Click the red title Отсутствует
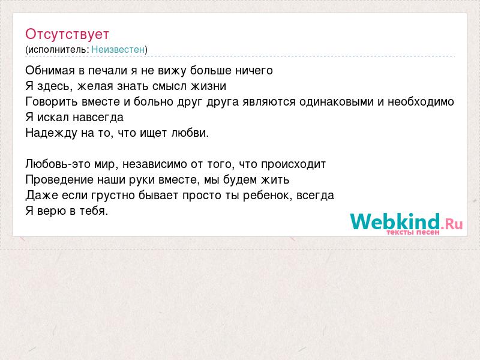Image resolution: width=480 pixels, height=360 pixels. pyautogui.click(x=67, y=34)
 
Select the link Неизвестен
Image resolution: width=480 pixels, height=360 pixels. pyautogui.click(x=118, y=49)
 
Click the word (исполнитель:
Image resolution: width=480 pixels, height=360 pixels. pyautogui.click(x=57, y=50)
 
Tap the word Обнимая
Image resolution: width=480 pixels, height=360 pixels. pyautogui.click(x=50, y=71)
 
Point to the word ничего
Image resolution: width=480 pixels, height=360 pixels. pyautogui.click(x=254, y=71)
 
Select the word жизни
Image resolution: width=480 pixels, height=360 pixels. pyautogui.click(x=208, y=86)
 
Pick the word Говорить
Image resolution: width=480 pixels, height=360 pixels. pyautogui.click(x=52, y=101)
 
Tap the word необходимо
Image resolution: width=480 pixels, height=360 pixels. pyautogui.click(x=421, y=101)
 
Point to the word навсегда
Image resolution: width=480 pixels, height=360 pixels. pyautogui.click(x=98, y=118)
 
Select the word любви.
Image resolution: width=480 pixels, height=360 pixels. pyautogui.click(x=190, y=133)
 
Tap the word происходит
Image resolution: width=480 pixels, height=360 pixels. pyautogui.click(x=293, y=164)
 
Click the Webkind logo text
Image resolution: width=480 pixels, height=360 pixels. pyautogui.click(x=406, y=221)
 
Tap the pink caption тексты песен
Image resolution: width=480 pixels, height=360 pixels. pyautogui.click(x=413, y=232)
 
